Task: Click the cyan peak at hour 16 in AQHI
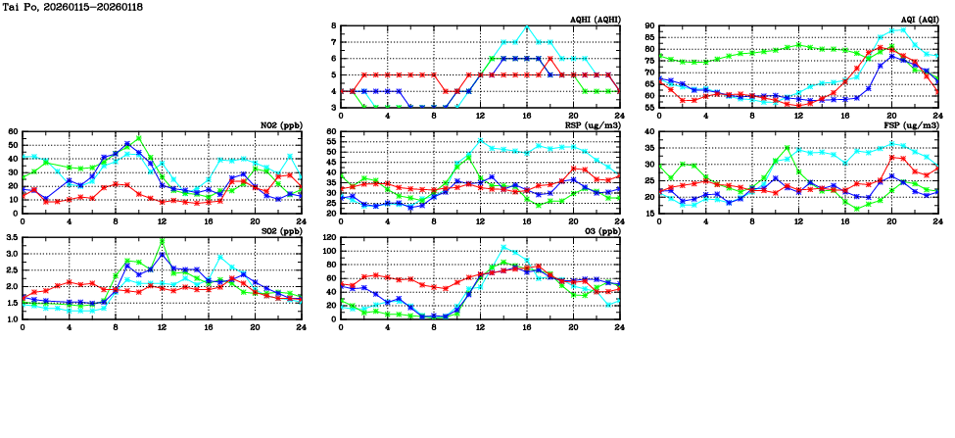(x=527, y=26)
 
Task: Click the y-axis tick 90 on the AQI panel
(x=648, y=26)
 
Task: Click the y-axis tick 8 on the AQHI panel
(x=333, y=26)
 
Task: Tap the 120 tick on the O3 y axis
(x=328, y=238)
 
